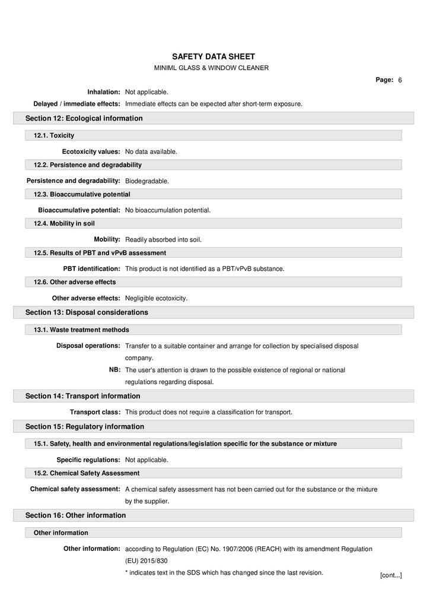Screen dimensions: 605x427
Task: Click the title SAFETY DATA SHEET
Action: [x=213, y=56]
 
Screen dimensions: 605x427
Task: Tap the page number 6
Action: [x=400, y=80]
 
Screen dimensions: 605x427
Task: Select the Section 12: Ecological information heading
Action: [x=84, y=118]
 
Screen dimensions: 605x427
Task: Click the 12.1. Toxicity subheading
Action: [x=54, y=135]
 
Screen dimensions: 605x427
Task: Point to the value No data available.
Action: [x=151, y=152]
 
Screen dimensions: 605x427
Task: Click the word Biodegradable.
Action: [x=147, y=181]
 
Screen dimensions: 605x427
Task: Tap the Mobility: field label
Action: [x=107, y=239]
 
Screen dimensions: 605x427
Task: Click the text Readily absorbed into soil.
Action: [x=163, y=240]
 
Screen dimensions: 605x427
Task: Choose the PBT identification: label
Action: [x=91, y=268]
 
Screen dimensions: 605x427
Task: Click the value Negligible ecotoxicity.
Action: [x=156, y=298]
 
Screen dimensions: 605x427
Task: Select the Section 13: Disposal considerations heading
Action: [x=87, y=312]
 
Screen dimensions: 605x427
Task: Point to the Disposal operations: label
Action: [x=88, y=346]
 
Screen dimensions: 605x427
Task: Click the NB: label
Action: [x=114, y=370]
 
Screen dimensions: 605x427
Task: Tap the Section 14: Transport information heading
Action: [x=82, y=396]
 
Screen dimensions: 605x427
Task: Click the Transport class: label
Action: [x=95, y=412]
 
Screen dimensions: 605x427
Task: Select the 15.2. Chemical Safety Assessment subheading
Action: [x=87, y=473]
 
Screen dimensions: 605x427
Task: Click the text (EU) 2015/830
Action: [x=146, y=561]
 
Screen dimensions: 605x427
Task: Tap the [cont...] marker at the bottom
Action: [x=391, y=575]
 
